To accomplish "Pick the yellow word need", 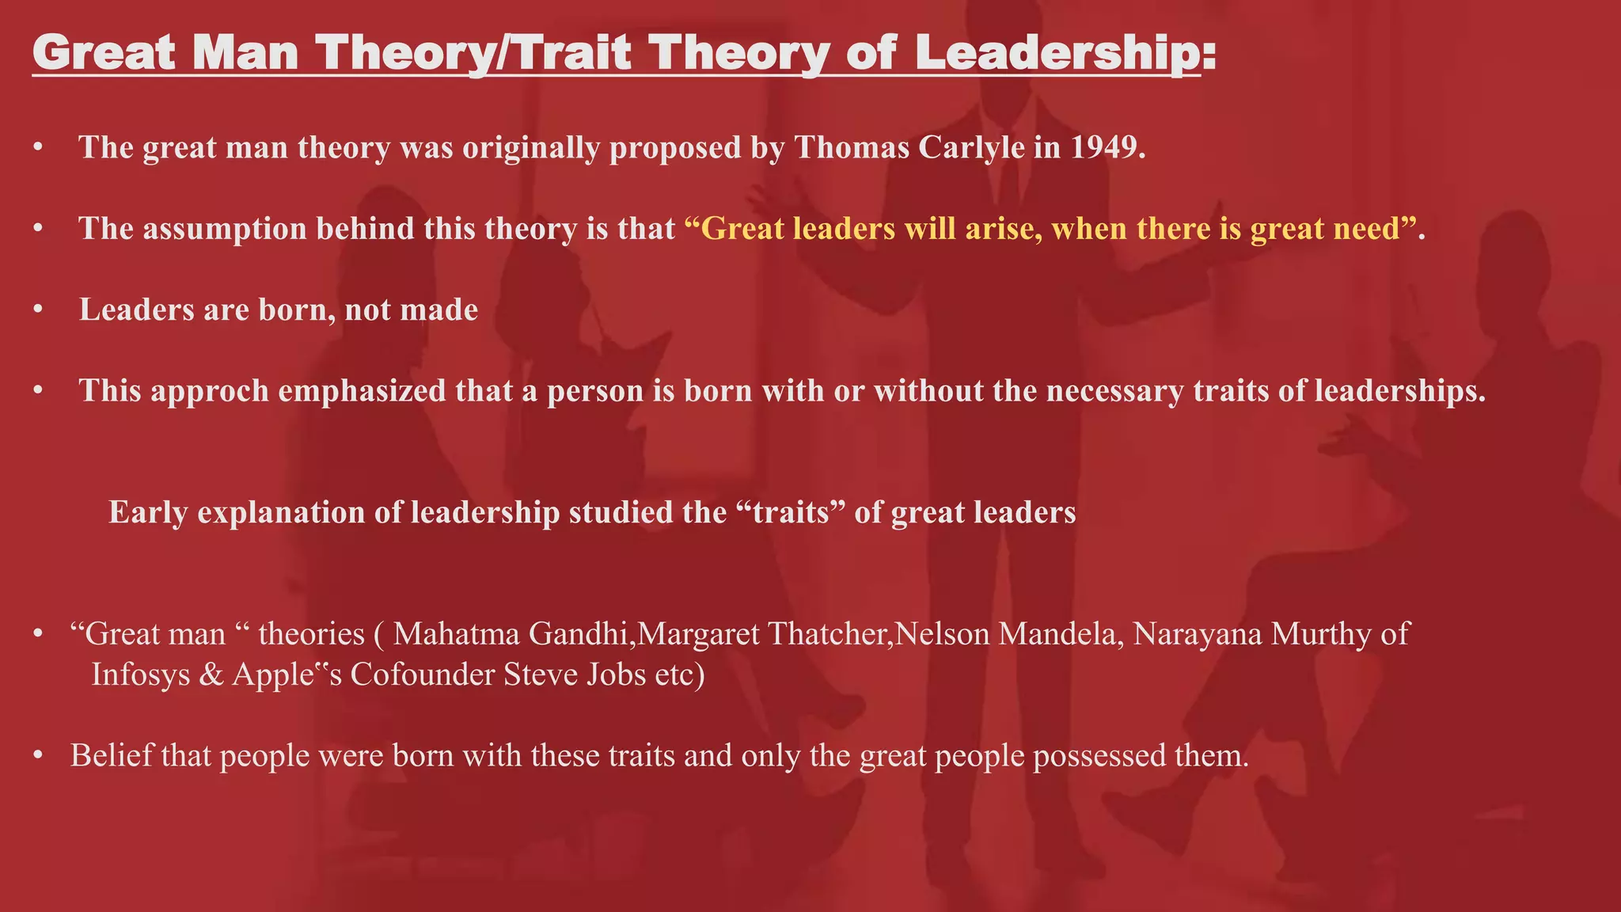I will pos(1371,229).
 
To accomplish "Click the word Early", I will pos(148,512).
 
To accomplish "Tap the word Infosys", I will pos(141,674).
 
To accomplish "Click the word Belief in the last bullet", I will pos(112,755).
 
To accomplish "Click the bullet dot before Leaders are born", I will pos(37,310).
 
